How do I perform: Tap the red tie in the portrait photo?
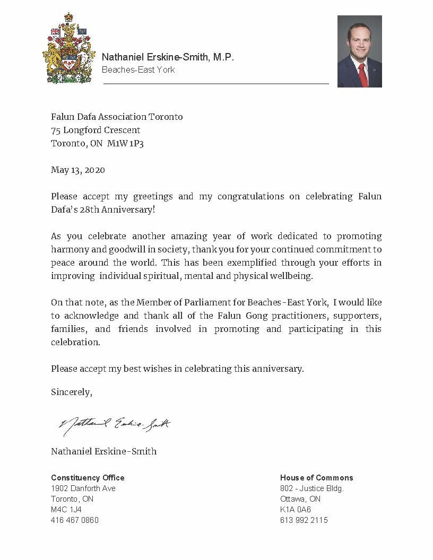(x=362, y=74)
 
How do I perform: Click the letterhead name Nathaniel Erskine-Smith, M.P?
(x=167, y=57)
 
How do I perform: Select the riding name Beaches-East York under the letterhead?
(x=138, y=69)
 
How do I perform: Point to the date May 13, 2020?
(x=77, y=170)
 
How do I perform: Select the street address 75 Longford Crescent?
(x=96, y=130)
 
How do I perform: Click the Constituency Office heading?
(x=88, y=478)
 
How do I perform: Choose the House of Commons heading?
(x=316, y=478)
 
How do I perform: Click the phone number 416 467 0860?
(x=75, y=520)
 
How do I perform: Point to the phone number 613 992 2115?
(x=304, y=520)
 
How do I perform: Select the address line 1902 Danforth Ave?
(x=83, y=488)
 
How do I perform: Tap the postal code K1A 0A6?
(x=296, y=510)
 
